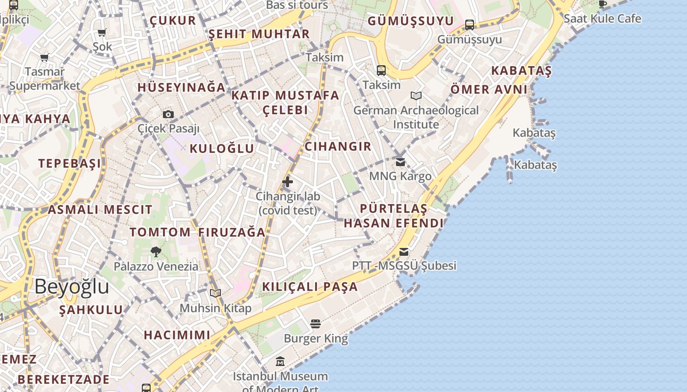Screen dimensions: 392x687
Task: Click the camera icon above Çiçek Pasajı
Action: (x=168, y=115)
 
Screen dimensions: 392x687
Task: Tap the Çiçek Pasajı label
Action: (x=169, y=128)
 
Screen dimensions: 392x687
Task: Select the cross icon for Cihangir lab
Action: (x=288, y=182)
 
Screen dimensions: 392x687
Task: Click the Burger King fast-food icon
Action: (x=316, y=324)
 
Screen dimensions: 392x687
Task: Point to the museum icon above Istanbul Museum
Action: (x=280, y=362)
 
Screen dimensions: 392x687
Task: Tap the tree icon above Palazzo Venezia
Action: (x=156, y=252)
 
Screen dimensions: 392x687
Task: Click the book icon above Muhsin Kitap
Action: (x=215, y=293)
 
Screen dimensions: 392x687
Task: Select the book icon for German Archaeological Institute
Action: (x=416, y=96)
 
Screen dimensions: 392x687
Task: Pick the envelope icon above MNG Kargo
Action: (x=400, y=162)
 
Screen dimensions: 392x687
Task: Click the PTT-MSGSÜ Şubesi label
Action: (x=404, y=266)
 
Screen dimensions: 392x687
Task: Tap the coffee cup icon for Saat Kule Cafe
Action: (x=603, y=4)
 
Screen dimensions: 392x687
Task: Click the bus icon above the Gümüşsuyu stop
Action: (x=470, y=24)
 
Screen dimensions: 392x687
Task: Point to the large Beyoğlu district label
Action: (x=72, y=287)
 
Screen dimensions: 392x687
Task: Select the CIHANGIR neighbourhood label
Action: (x=338, y=147)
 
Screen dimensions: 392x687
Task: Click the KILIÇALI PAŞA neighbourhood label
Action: (x=310, y=287)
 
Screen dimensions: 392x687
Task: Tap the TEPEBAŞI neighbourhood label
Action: (x=70, y=163)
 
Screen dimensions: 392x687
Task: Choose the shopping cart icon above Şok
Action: (x=102, y=33)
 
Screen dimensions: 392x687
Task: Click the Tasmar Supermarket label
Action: (x=45, y=78)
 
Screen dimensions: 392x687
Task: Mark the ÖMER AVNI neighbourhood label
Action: (x=489, y=90)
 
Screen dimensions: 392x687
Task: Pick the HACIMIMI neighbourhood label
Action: (x=177, y=335)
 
